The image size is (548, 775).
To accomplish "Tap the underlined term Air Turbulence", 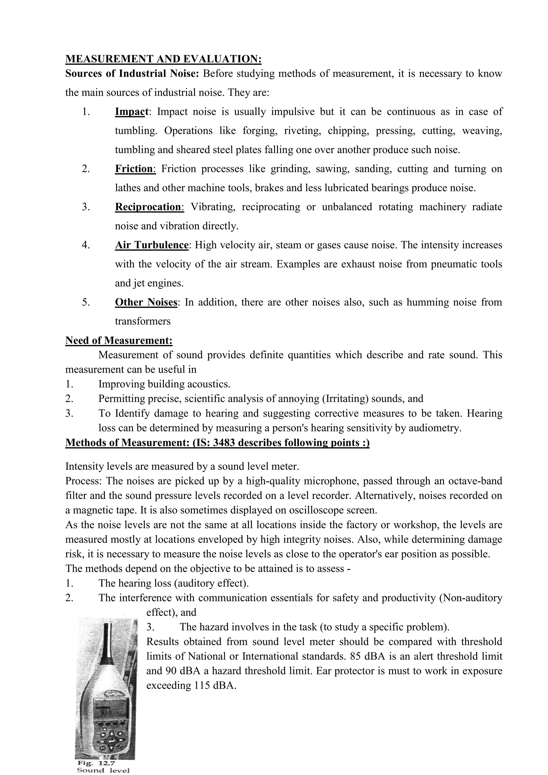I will point(151,245).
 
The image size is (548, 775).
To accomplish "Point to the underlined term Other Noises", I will point(146,302).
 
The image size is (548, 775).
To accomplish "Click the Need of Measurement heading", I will point(119,340).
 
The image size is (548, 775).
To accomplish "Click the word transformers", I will point(143,321).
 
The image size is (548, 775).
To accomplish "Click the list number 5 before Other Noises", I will point(86,302).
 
